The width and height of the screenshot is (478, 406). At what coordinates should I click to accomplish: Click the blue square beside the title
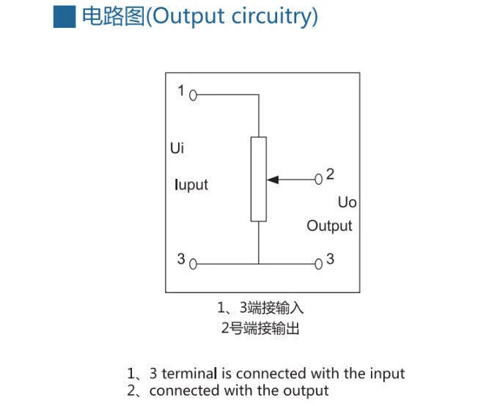click(x=65, y=17)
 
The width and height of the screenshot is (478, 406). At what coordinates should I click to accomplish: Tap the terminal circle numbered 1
click(x=193, y=95)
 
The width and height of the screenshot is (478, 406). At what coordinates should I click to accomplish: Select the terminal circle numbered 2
click(x=319, y=180)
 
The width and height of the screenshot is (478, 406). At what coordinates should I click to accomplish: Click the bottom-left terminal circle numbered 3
click(x=193, y=264)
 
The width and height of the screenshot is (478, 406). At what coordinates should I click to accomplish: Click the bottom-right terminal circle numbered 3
click(x=319, y=264)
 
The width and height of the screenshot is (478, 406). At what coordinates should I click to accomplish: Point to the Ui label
click(x=177, y=148)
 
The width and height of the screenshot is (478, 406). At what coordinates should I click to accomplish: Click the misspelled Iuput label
click(x=191, y=185)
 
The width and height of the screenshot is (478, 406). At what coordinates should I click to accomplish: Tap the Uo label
click(x=348, y=202)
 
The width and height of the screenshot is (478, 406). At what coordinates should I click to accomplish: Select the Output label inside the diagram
click(x=329, y=226)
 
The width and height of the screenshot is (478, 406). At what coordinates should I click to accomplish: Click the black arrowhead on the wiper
click(x=273, y=180)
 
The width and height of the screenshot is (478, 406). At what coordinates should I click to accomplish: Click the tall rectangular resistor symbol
click(x=259, y=180)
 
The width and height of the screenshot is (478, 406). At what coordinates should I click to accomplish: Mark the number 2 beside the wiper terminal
click(x=330, y=174)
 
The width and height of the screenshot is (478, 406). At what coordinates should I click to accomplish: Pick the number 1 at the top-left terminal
click(x=181, y=91)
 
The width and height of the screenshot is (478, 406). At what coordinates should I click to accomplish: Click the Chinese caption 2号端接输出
click(x=260, y=328)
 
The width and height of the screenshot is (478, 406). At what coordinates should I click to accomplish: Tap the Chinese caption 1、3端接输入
click(x=260, y=308)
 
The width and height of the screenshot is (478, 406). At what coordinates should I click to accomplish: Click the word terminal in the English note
click(x=189, y=373)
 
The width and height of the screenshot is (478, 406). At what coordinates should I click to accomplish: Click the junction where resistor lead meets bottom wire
click(x=259, y=264)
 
